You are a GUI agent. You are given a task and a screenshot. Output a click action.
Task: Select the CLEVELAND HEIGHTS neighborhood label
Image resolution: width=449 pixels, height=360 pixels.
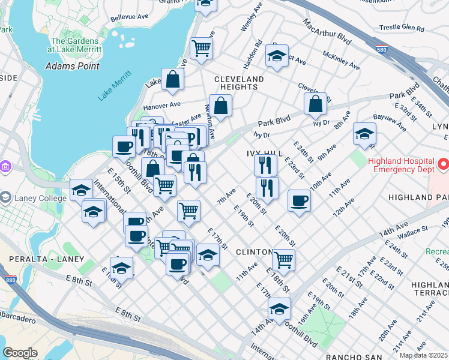pyautogui.click(x=239, y=83)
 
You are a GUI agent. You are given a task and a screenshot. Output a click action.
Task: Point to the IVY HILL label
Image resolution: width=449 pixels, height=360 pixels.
pyautogui.click(x=264, y=154)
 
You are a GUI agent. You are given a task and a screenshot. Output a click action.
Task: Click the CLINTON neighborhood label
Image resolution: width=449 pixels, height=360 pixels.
pyautogui.click(x=254, y=252)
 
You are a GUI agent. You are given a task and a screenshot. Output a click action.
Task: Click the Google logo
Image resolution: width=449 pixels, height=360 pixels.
pyautogui.click(x=20, y=352)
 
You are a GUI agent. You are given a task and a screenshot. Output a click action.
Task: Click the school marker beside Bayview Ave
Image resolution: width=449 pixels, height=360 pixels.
pyautogui.click(x=364, y=134)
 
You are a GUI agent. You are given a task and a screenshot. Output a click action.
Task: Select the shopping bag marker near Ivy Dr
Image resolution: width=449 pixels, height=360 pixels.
pyautogui.click(x=315, y=104)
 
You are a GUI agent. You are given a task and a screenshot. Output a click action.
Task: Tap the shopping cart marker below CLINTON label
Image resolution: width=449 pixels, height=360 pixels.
pyautogui.click(x=283, y=260)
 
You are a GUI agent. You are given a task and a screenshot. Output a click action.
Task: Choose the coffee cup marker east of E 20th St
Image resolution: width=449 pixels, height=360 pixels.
pyautogui.click(x=298, y=201)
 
